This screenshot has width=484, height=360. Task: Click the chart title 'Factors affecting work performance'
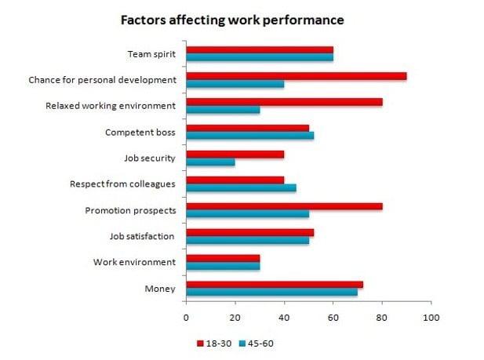(231, 18)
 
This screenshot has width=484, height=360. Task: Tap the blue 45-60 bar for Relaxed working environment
(223, 109)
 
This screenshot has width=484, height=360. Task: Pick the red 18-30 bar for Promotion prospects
(284, 206)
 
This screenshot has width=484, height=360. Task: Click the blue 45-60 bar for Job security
(210, 161)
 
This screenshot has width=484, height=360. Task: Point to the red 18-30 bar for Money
(275, 284)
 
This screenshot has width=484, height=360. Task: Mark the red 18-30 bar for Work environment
(223, 258)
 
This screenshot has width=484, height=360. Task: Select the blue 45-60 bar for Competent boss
(249, 135)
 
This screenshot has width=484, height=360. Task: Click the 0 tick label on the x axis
(186, 318)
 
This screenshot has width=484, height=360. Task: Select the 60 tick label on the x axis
(333, 318)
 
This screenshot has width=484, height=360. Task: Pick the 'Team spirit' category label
(151, 55)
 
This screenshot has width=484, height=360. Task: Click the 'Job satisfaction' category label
(142, 235)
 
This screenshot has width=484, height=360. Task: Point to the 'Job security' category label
(149, 158)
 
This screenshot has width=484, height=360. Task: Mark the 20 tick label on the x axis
(235, 318)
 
